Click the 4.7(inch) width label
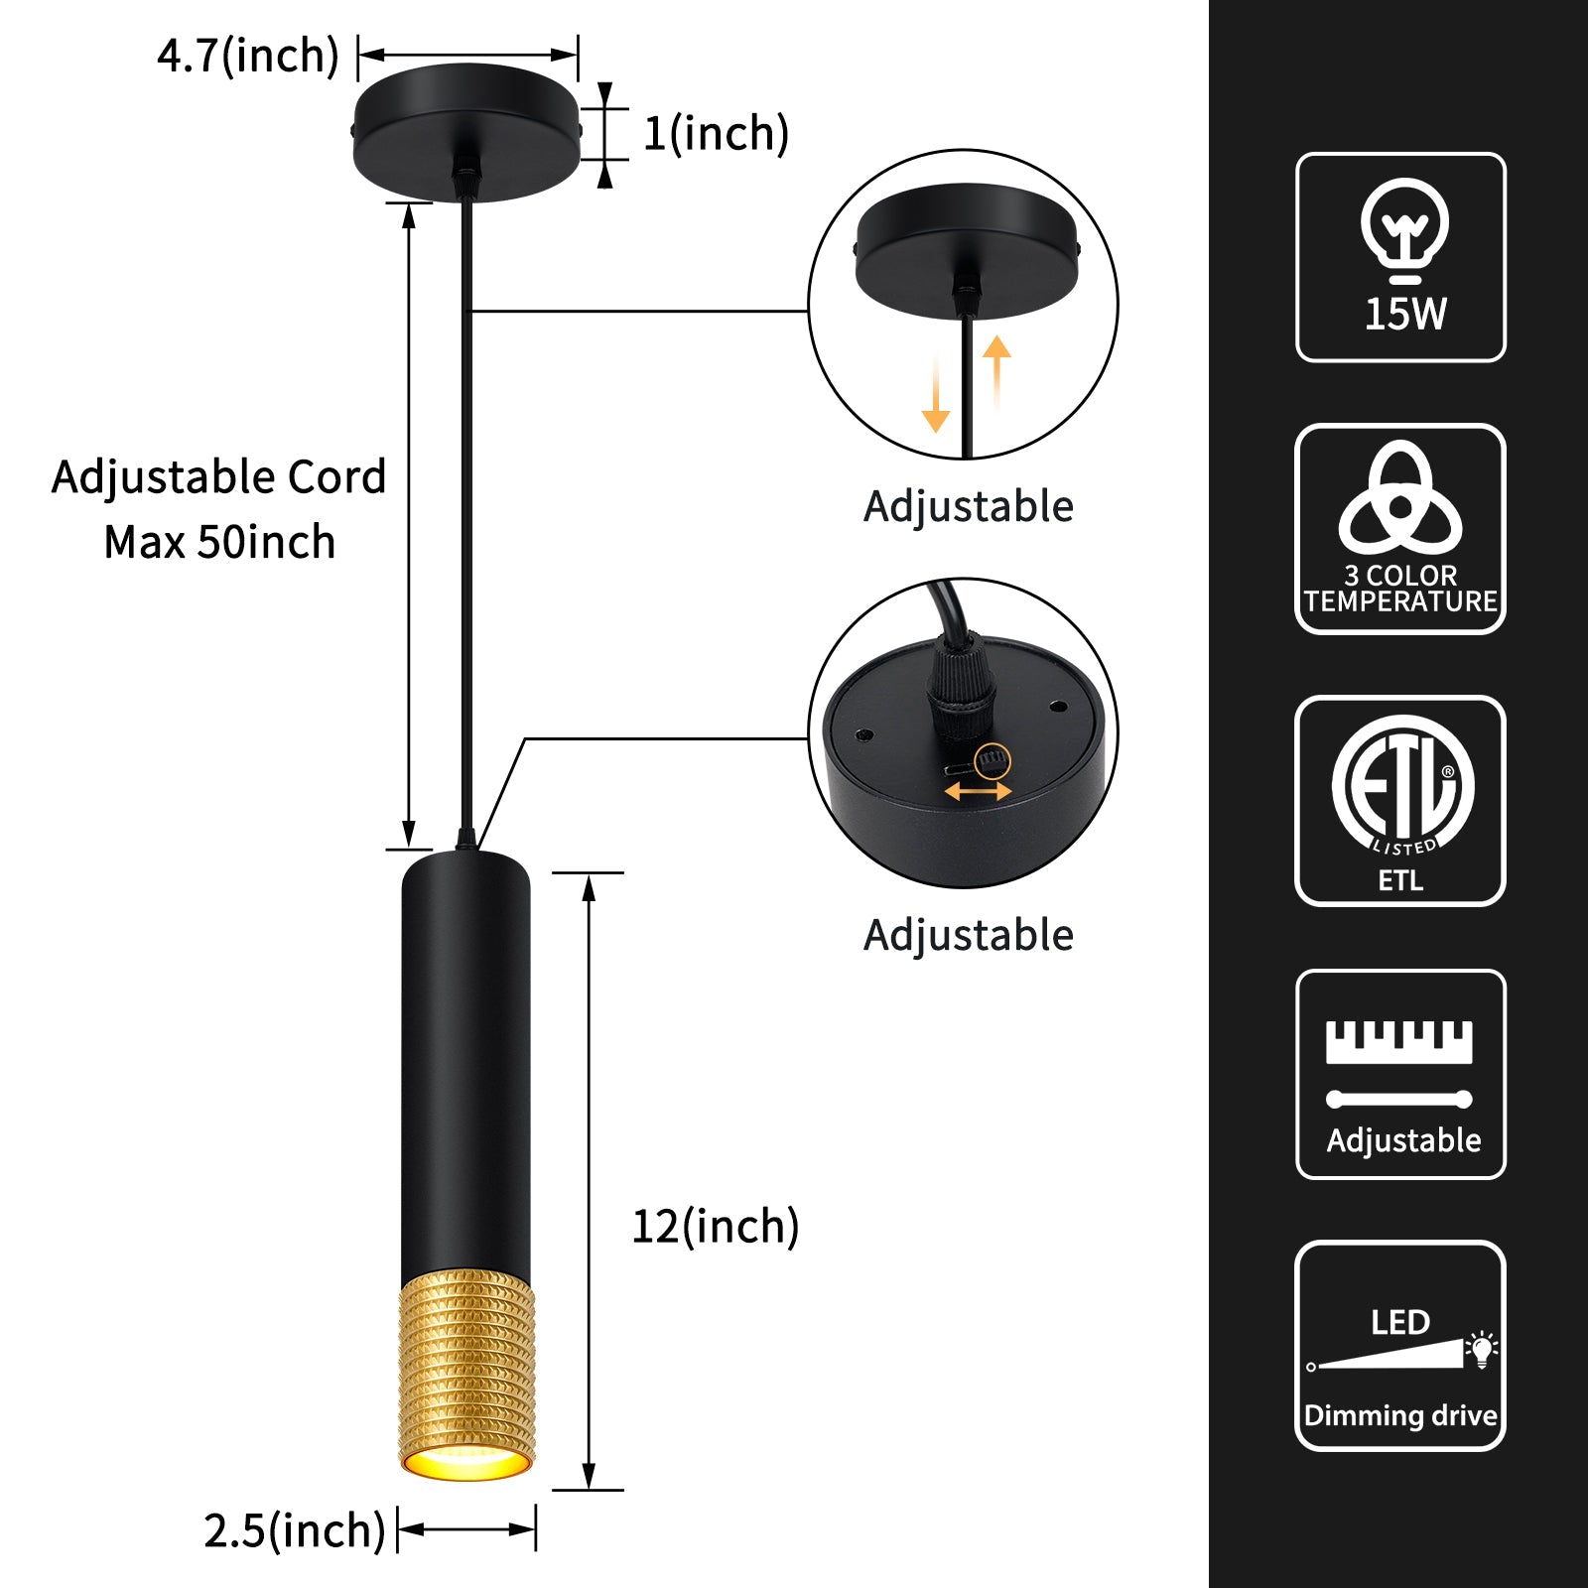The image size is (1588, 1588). [248, 56]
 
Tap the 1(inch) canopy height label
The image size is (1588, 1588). [716, 133]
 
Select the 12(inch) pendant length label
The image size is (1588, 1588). [716, 1227]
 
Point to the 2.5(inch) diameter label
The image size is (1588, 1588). [294, 1530]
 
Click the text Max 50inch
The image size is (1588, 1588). [219, 542]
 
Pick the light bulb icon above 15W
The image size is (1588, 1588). [1403, 230]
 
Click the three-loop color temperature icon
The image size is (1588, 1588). [1400, 498]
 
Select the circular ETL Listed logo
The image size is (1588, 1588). [1401, 784]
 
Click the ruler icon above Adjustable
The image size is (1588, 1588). [1399, 1042]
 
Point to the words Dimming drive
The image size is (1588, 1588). [1400, 1415]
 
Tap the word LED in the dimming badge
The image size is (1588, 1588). [1400, 1323]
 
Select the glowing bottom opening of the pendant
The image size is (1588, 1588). [466, 1463]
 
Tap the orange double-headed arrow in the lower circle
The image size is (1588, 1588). [978, 791]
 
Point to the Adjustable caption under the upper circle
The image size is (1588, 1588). [969, 506]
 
